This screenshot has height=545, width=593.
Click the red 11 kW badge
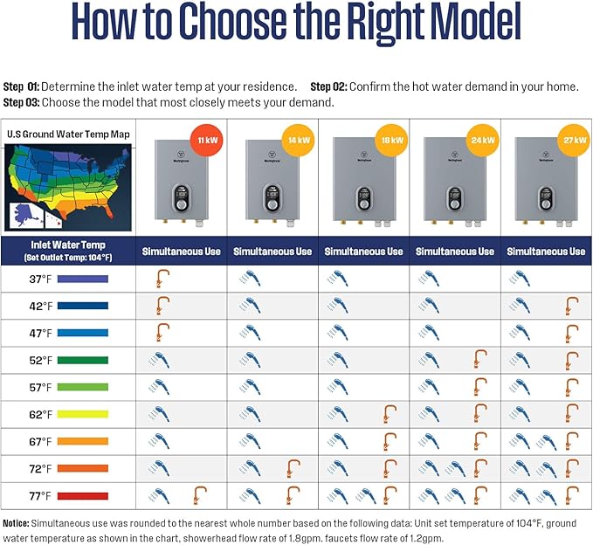coord(206,140)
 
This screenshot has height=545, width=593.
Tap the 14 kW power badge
coord(297,140)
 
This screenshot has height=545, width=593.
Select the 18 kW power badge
coord(388,140)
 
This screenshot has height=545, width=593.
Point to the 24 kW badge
coord(479,140)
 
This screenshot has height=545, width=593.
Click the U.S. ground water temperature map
coord(68,187)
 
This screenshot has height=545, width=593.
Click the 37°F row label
coord(40,279)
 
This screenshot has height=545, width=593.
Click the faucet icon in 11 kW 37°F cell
coord(161,279)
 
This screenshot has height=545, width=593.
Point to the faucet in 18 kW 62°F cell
coord(390,414)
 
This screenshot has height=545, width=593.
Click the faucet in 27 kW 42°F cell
coord(571,306)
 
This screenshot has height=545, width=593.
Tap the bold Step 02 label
coord(329,87)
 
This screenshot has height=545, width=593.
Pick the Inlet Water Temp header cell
coord(69,251)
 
